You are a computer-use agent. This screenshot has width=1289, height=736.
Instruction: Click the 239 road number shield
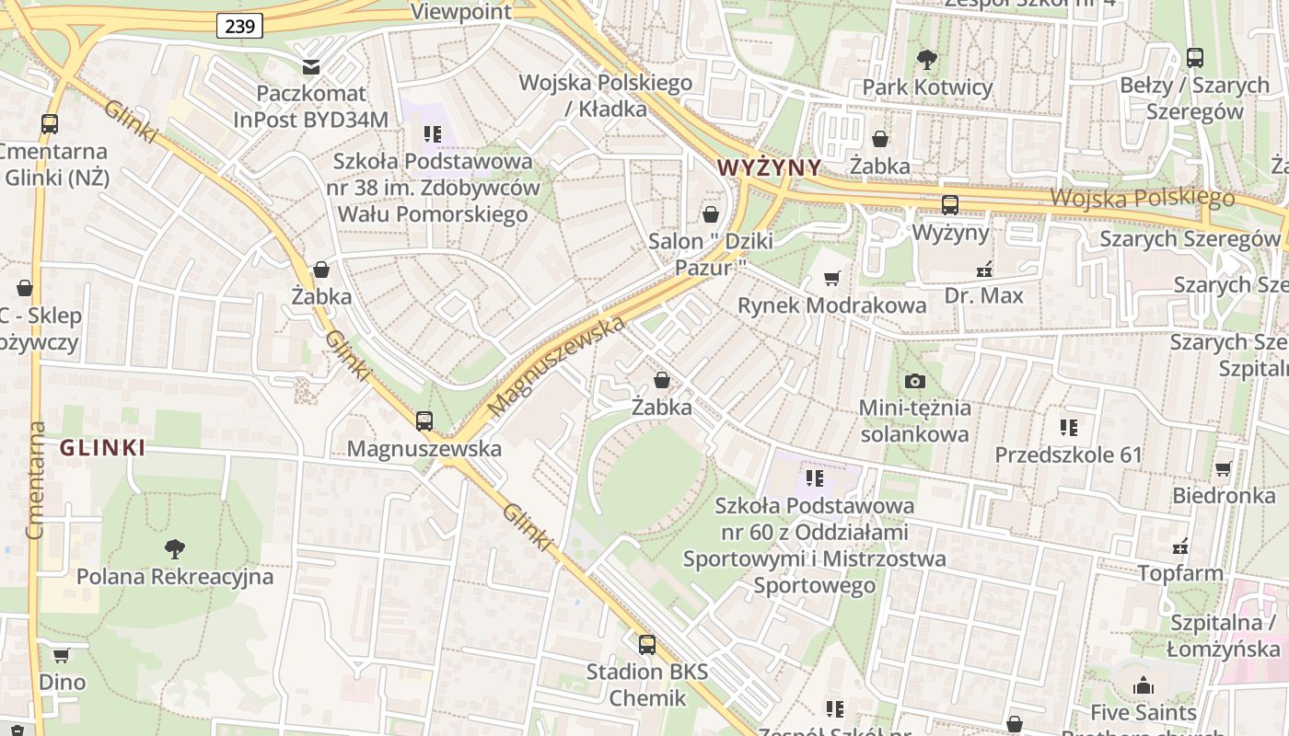[x=239, y=26]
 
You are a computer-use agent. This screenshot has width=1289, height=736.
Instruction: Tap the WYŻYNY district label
[x=768, y=167]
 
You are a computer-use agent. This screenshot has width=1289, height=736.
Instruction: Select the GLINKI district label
[x=102, y=448]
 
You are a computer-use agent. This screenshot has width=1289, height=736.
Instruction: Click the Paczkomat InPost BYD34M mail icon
[x=311, y=66]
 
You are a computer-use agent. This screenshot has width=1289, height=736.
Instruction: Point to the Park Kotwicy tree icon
[x=927, y=61]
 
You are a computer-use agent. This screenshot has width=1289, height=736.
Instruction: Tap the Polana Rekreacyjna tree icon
[x=174, y=550]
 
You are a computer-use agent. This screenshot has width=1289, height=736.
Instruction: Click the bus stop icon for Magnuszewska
[x=424, y=421]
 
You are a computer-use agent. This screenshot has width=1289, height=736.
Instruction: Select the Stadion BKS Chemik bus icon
[x=647, y=645]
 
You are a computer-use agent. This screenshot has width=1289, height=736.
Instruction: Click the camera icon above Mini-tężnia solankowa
[x=914, y=381]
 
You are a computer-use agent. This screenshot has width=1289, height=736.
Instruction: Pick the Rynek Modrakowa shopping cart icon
[x=832, y=278]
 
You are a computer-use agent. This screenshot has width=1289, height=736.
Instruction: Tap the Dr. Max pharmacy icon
[x=984, y=270]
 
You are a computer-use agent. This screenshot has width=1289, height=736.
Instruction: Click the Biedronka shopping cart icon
[x=1224, y=469]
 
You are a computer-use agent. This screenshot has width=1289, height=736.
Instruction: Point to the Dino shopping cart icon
[x=62, y=656]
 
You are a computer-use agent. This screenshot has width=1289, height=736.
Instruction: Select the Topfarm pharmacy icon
[x=1180, y=547]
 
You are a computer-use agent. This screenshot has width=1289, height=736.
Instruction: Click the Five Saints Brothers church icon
[x=1144, y=685]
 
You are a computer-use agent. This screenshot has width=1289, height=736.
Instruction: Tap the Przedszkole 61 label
[x=1068, y=454]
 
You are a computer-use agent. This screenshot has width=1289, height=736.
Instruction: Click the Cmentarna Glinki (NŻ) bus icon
[x=50, y=124]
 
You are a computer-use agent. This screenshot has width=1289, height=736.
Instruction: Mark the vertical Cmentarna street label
[x=36, y=479]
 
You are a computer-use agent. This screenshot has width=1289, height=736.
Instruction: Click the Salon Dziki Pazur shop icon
[x=711, y=215]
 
